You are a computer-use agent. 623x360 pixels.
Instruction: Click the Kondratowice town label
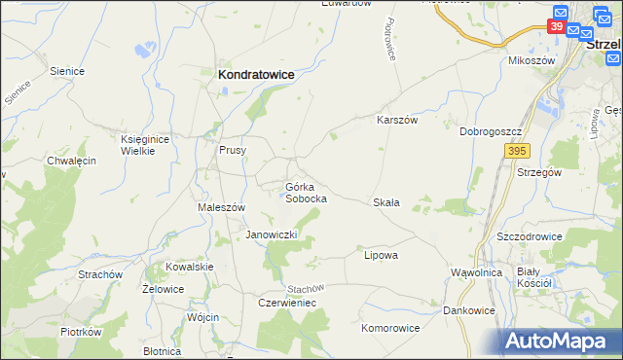point(256,73)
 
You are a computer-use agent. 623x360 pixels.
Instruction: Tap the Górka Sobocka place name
point(305,192)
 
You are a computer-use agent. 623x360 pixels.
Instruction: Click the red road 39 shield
point(557,27)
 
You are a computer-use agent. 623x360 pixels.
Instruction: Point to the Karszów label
point(397,120)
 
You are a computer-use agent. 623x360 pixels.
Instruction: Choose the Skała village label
point(386,202)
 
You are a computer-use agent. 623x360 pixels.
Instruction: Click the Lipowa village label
point(381,255)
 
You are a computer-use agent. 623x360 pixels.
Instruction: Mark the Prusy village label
point(232,151)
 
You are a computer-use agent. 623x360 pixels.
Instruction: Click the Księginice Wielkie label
point(145,145)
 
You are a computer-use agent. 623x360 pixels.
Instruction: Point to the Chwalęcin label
point(71,161)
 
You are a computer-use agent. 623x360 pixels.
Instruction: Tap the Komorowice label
point(390,328)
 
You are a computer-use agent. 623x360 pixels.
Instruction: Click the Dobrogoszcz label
point(493,130)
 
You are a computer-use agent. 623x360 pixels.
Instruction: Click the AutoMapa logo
point(562,342)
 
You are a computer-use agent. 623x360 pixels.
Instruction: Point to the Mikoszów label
point(531,60)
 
